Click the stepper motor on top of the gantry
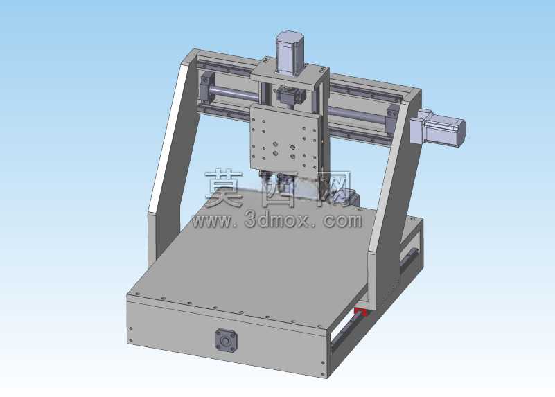290,53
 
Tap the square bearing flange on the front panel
225,340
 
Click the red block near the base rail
361,312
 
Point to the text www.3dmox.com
277,221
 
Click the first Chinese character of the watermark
224,188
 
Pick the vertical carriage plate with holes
285,139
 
